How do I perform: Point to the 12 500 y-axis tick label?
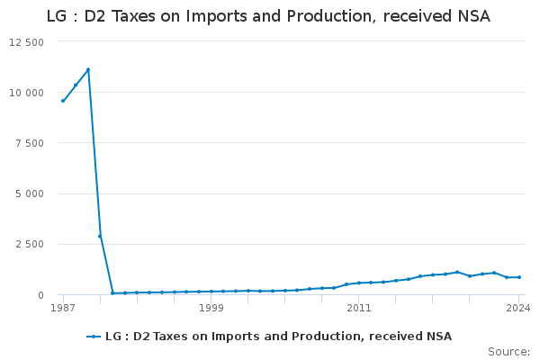tap(27, 42)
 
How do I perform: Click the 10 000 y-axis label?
tap(27, 93)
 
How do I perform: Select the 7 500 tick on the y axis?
tap(30, 143)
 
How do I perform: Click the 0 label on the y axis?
tap(40, 294)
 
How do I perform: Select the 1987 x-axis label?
tap(63, 308)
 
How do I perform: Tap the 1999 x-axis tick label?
tap(211, 308)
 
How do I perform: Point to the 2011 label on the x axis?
tap(359, 308)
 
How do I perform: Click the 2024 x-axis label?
tap(518, 308)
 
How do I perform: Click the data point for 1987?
tap(63, 101)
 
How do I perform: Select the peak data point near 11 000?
tap(87, 69)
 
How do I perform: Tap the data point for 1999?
tap(211, 292)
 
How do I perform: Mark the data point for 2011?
tap(359, 283)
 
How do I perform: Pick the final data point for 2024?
tap(519, 277)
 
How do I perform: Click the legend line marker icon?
tap(94, 337)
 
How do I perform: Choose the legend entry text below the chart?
tap(278, 337)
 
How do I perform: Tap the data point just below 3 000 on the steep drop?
tap(100, 236)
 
